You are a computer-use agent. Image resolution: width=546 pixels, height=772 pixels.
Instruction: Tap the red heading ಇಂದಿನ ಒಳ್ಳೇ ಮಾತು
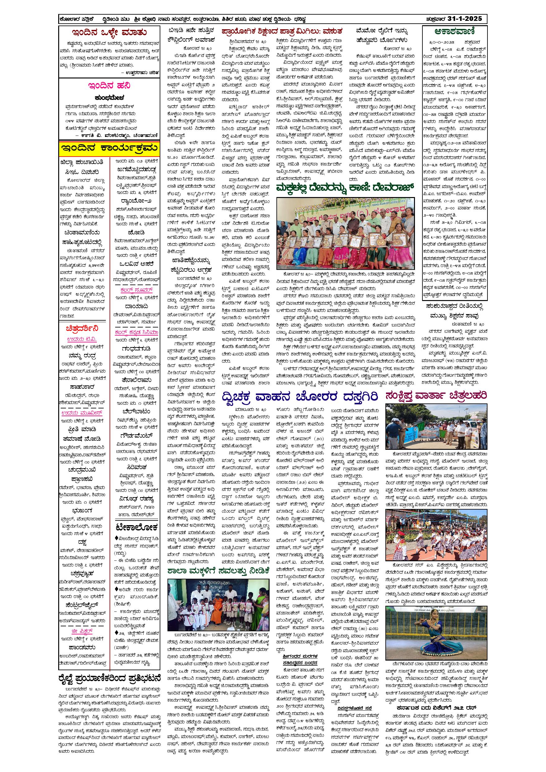point(109,33)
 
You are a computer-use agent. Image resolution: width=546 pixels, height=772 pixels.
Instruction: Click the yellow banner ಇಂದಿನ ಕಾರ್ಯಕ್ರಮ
point(109,148)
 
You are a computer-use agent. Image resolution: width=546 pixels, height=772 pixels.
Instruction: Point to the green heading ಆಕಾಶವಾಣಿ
point(454,32)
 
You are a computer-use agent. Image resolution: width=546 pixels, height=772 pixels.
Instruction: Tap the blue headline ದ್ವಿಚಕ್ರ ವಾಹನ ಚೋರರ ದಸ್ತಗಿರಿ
point(300,397)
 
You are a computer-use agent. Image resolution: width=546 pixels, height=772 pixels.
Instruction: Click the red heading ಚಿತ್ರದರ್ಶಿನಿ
point(82,328)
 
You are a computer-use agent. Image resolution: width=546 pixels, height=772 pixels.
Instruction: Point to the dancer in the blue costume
point(436,636)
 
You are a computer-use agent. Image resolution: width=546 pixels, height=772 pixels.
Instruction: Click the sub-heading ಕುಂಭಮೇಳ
point(109,98)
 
